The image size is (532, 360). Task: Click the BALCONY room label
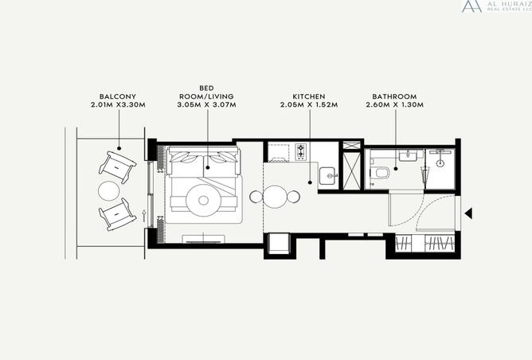(x=118, y=96)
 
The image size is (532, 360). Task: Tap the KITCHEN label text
(x=309, y=96)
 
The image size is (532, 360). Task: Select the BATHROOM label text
(x=394, y=96)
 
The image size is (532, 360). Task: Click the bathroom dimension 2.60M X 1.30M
(x=394, y=105)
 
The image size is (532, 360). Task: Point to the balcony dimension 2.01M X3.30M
(x=118, y=105)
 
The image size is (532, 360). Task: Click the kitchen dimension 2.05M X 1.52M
(x=309, y=105)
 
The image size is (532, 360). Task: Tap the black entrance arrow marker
(x=468, y=213)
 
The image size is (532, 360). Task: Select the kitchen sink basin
(x=328, y=176)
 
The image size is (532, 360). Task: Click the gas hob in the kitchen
(x=301, y=151)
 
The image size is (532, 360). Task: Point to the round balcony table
(x=108, y=191)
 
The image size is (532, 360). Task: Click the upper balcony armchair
(x=117, y=167)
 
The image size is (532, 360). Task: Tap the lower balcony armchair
(x=117, y=214)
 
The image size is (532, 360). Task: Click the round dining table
(x=275, y=197)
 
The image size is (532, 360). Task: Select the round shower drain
(x=440, y=162)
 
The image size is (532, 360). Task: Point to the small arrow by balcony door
(x=144, y=216)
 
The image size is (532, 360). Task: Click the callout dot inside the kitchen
(x=310, y=182)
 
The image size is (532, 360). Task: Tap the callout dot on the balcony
(x=119, y=148)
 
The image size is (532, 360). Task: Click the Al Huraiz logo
(x=496, y=6)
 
